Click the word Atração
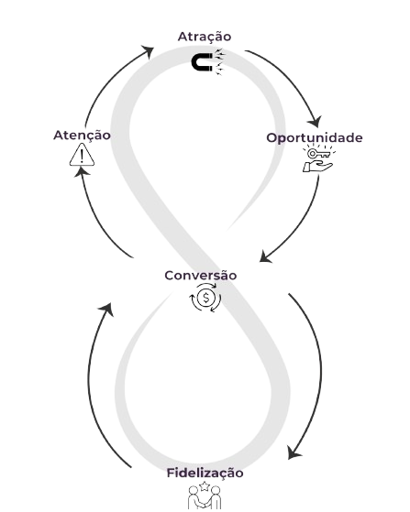pyautogui.click(x=205, y=37)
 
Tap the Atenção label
pyautogui.click(x=82, y=136)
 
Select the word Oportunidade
pyautogui.click(x=315, y=137)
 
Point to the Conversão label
pyautogui.click(x=201, y=276)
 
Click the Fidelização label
pyautogui.click(x=205, y=474)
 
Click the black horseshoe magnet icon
pyautogui.click(x=202, y=63)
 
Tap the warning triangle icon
pyautogui.click(x=82, y=156)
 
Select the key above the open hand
pyautogui.click(x=319, y=153)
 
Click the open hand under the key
pyautogui.click(x=317, y=166)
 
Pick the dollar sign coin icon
pyautogui.click(x=206, y=298)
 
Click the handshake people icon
pyautogui.click(x=204, y=497)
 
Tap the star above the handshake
pyautogui.click(x=205, y=486)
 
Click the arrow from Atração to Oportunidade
pyautogui.click(x=292, y=79)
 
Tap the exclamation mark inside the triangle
pyautogui.click(x=82, y=156)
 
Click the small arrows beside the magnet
pyautogui.click(x=219, y=61)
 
